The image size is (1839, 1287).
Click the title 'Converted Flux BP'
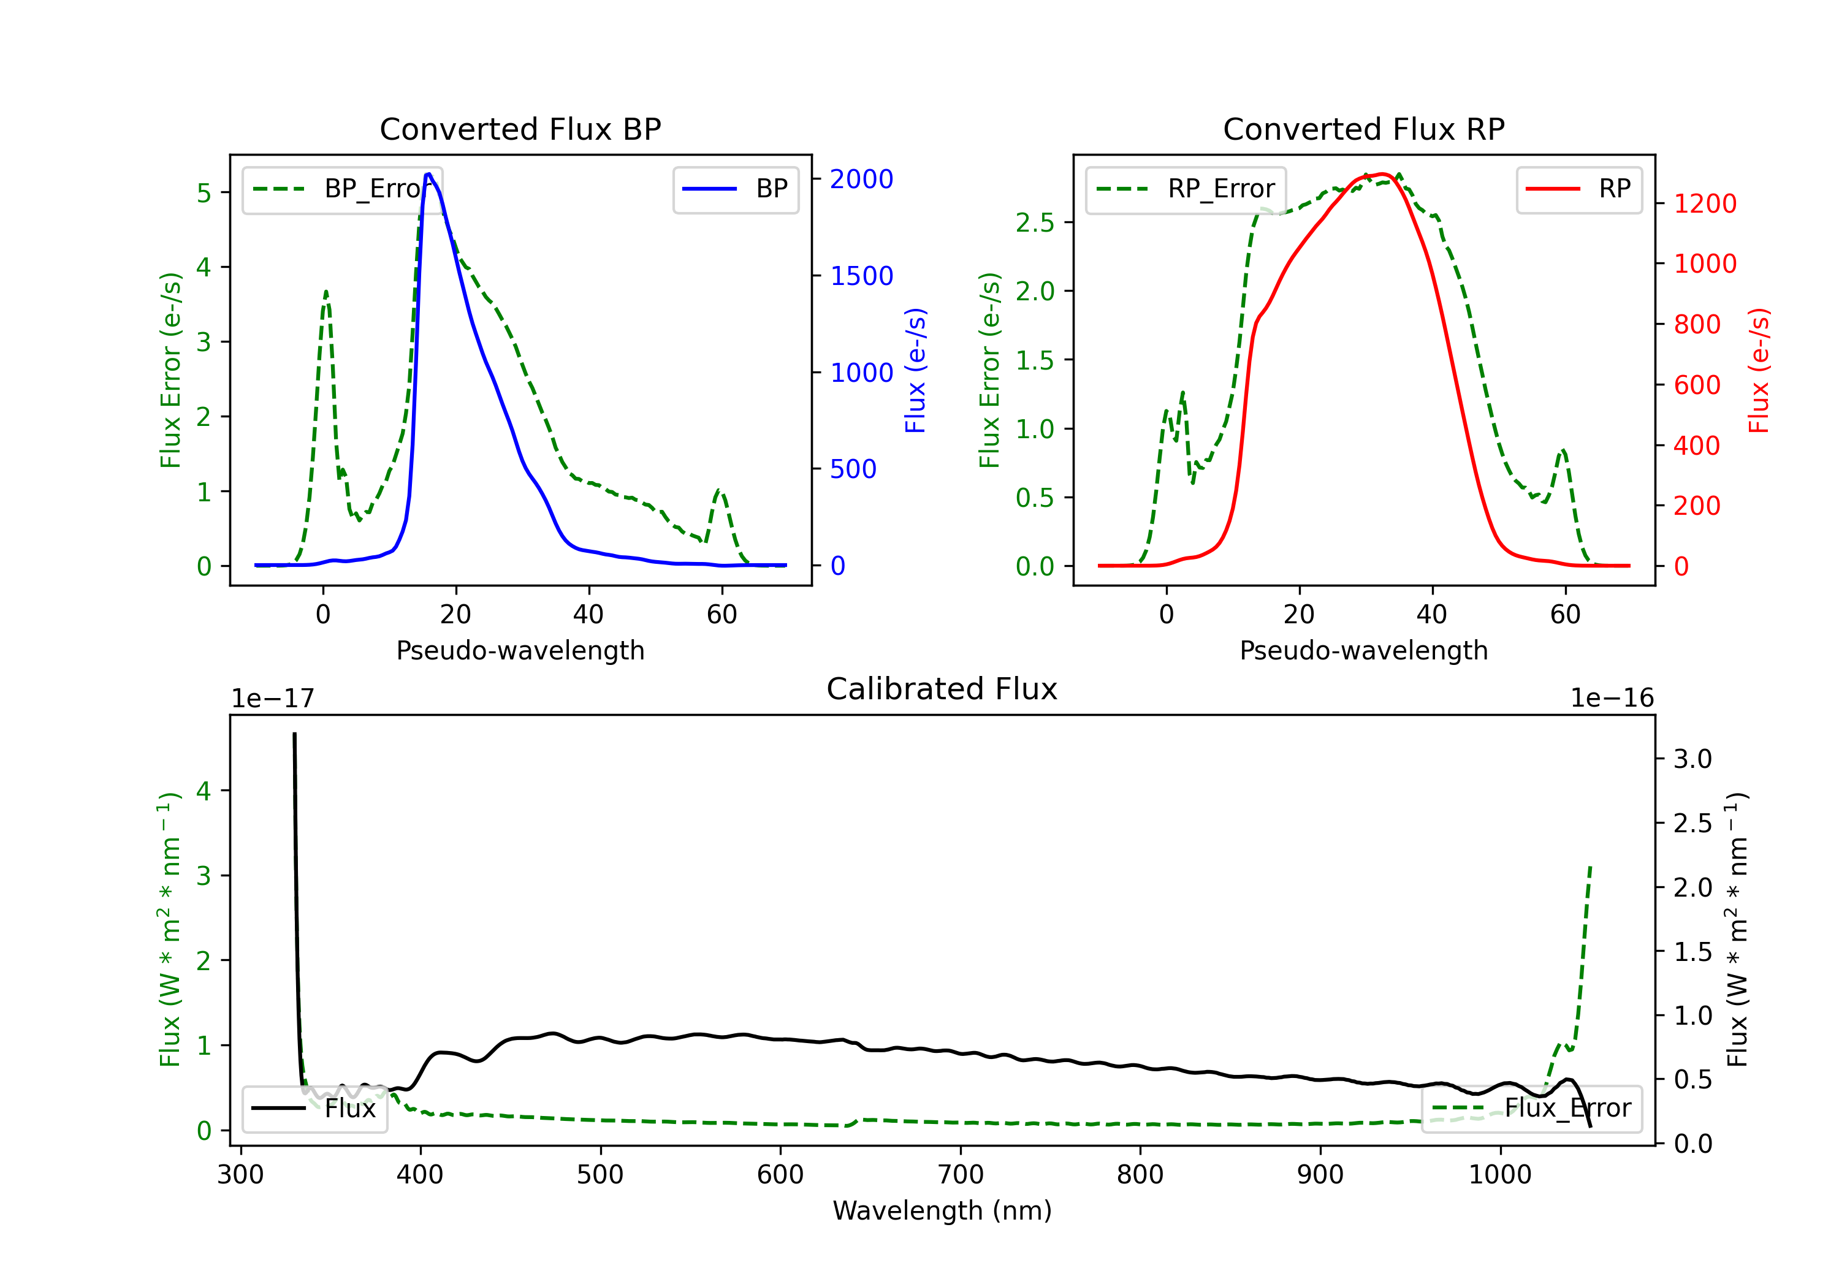coord(520,129)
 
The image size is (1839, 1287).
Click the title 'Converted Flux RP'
coord(1363,129)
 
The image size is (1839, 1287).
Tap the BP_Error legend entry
coord(343,189)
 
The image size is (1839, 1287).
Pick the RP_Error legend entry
coord(1186,189)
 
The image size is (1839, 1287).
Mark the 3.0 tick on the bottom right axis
coord(1692,759)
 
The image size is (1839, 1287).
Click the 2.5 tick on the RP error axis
coord(1035,222)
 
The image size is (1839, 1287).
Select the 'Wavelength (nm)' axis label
coord(942,1210)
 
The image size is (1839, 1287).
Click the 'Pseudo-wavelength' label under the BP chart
coord(520,650)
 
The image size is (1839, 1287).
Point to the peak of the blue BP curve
coord(428,174)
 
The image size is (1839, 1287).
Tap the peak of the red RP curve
coord(1384,174)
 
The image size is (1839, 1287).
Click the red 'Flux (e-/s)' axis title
coord(1759,370)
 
